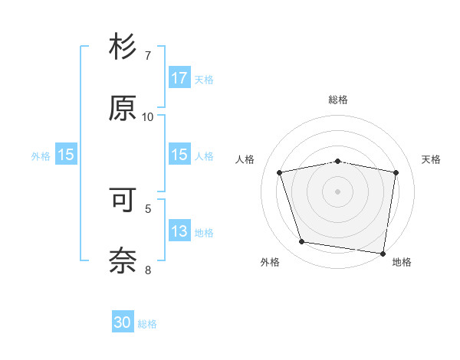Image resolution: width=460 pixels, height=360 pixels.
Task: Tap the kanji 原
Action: coord(123,109)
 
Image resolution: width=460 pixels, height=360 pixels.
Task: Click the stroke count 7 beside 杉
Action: coord(148,56)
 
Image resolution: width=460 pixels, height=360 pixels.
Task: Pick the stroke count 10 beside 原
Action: coord(148,117)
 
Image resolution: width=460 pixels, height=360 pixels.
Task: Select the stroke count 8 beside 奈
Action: coord(148,270)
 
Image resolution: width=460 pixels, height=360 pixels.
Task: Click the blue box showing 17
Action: coord(179,78)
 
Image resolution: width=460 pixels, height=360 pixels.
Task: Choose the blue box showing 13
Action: coord(179,232)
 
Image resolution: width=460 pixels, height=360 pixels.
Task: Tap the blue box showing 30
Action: coord(123,323)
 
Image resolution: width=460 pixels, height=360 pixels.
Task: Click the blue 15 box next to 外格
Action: coord(65,155)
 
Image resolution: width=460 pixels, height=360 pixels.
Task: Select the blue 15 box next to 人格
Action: coord(179,155)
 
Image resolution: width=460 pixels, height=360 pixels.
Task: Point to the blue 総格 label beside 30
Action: coord(147,324)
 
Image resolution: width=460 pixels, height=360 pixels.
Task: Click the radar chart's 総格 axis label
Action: coord(338,100)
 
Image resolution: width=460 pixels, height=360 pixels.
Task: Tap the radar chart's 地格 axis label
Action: coord(402,263)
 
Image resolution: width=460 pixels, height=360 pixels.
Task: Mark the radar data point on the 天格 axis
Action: coord(396,172)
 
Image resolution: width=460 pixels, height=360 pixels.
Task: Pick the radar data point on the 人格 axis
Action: coord(280,172)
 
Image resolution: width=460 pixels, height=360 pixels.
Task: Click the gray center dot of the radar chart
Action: coord(338,191)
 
